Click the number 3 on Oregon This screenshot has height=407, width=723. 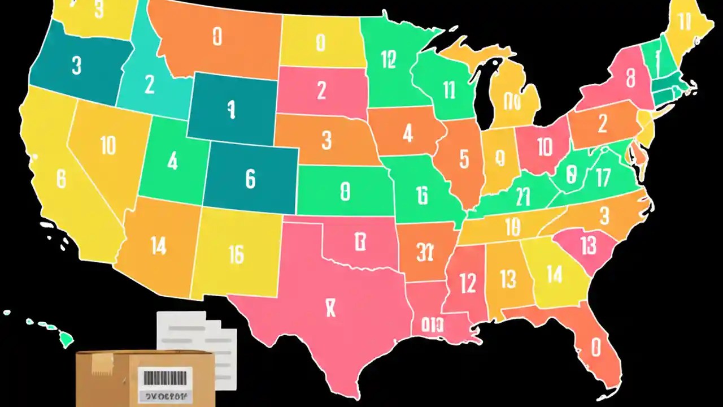[x=77, y=65]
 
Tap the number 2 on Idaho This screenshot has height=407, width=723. [x=149, y=84]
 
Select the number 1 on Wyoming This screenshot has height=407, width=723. [x=230, y=110]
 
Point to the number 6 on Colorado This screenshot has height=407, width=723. [x=250, y=179]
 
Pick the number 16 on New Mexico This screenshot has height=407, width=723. [x=236, y=255]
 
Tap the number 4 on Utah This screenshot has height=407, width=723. [x=172, y=162]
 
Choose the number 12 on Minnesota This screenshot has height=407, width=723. [x=388, y=59]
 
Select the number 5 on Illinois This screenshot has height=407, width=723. [x=464, y=159]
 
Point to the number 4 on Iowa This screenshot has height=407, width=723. [x=408, y=133]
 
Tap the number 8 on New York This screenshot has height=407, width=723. [x=631, y=76]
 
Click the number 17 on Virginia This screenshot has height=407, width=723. [x=603, y=178]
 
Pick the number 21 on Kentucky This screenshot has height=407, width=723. [x=523, y=197]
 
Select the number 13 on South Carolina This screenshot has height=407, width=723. [x=588, y=245]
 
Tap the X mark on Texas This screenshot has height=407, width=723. [x=331, y=308]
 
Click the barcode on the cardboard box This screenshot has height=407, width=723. [x=165, y=376]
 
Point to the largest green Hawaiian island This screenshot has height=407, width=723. [x=66, y=339]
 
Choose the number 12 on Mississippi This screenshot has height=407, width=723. [x=468, y=283]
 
